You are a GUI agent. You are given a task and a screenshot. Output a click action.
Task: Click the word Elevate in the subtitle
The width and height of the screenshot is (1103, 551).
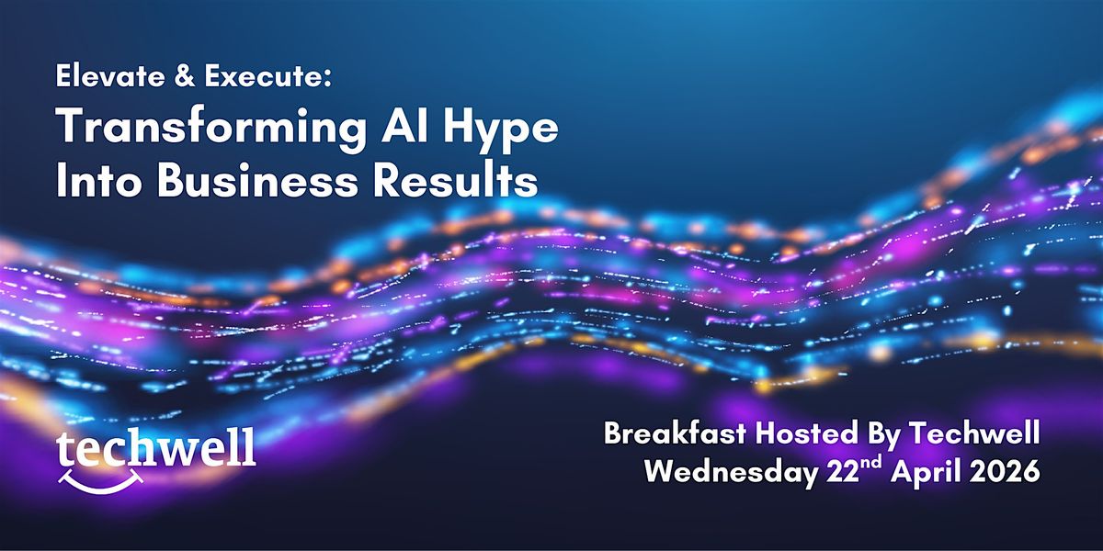(110, 76)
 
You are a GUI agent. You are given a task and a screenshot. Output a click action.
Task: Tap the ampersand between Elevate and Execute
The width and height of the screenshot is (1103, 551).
(186, 77)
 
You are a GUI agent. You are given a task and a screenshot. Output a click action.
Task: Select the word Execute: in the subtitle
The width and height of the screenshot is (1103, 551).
(268, 77)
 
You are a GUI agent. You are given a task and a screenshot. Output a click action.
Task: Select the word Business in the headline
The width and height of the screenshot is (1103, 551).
(257, 180)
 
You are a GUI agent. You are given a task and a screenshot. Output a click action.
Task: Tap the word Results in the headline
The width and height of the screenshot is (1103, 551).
(455, 180)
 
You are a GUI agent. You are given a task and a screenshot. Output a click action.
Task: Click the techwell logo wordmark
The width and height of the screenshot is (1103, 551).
(156, 448)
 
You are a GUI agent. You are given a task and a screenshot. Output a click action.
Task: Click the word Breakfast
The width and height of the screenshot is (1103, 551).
(675, 433)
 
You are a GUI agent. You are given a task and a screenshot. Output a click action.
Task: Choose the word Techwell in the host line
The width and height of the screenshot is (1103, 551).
(974, 433)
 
